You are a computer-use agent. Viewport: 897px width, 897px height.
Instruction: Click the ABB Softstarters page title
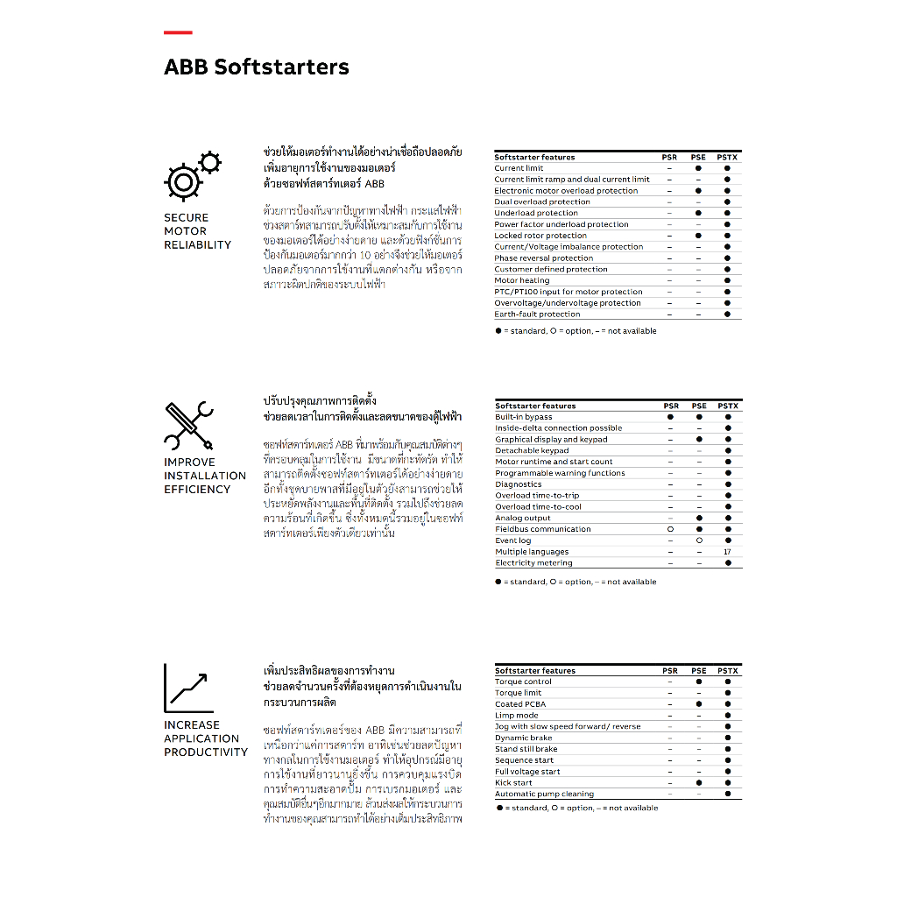point(256,67)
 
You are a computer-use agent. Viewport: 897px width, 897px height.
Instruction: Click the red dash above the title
point(178,33)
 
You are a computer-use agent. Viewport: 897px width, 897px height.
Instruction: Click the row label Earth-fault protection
point(537,314)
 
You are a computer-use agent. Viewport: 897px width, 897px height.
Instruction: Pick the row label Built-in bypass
point(524,417)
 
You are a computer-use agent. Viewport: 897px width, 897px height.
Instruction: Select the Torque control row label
point(524,682)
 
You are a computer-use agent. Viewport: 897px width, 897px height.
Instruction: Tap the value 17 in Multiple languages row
point(727,552)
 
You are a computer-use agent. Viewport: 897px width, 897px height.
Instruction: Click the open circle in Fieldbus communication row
point(670,529)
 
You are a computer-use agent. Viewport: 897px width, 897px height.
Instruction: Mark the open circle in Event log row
point(699,540)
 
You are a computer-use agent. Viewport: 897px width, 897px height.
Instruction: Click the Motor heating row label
point(522,280)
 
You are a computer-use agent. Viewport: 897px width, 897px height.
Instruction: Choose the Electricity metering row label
point(533,563)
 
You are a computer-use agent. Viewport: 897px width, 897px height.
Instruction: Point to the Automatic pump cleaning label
point(544,794)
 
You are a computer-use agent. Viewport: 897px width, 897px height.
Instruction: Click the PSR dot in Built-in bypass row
point(670,417)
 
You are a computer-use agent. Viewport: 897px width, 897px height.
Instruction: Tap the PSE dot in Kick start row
point(699,783)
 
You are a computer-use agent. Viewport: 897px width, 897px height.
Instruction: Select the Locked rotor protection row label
point(540,236)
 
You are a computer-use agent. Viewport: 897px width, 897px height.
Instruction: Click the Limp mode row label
point(517,716)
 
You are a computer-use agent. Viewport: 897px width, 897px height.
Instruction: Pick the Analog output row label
point(523,518)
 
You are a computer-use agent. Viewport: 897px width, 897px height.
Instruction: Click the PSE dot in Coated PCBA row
point(699,704)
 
